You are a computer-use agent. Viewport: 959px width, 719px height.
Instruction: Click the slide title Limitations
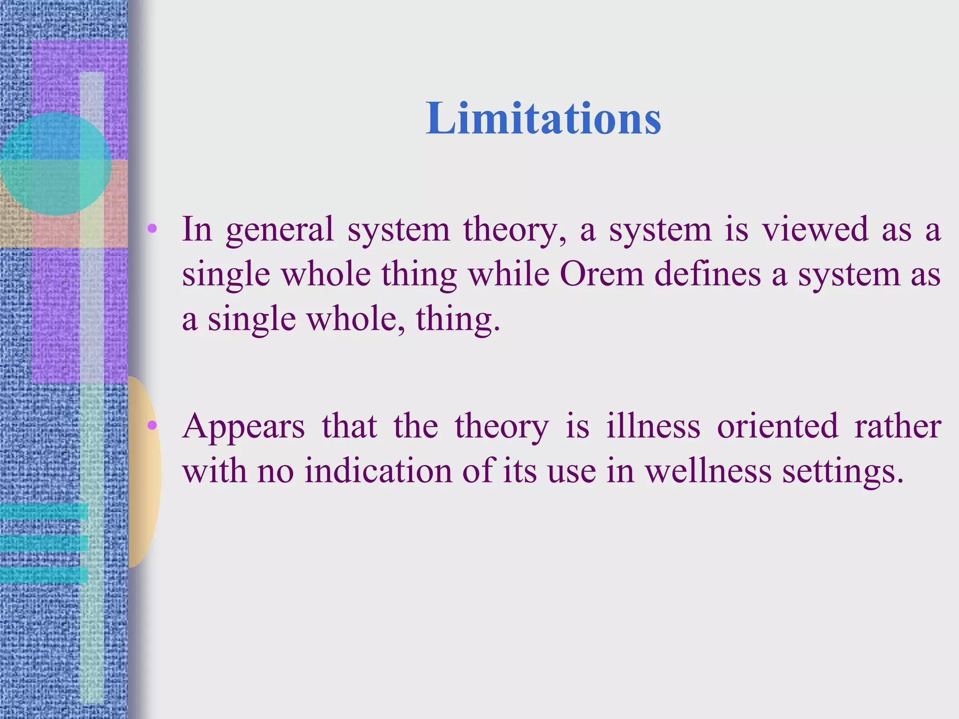tap(543, 119)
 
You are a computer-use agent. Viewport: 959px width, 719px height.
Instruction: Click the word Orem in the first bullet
tap(601, 274)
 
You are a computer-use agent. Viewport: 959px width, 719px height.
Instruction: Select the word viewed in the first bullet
tap(815, 229)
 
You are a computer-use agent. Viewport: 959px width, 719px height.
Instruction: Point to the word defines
tap(708, 274)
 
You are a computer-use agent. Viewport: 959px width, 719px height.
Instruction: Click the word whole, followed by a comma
tap(356, 319)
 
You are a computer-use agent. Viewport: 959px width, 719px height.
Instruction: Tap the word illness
tap(653, 426)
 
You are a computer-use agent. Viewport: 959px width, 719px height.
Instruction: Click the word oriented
tap(777, 426)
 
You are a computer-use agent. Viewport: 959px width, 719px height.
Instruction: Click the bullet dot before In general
tap(152, 229)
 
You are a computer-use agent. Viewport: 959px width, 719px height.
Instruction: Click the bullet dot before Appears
tap(152, 426)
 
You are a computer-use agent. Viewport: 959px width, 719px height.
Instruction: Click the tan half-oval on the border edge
tap(144, 473)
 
